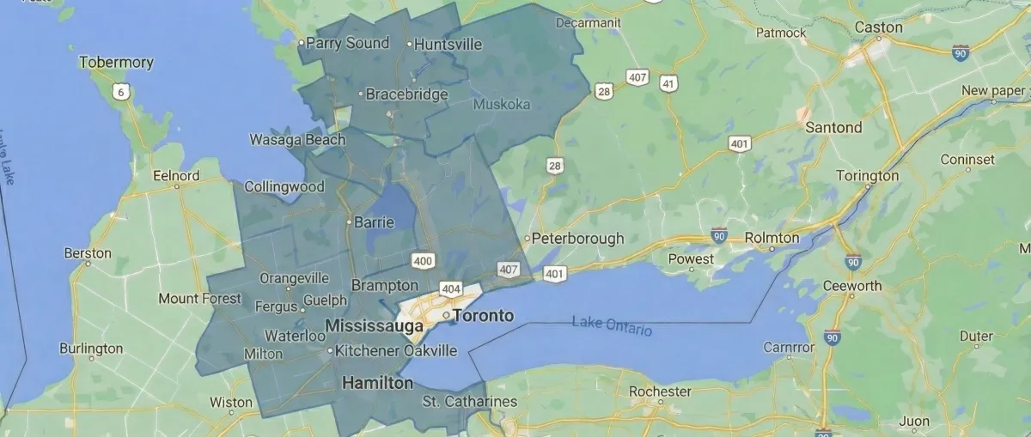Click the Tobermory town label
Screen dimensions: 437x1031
coord(116,63)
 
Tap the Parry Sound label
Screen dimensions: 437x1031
coord(347,43)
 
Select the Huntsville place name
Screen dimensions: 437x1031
coord(448,44)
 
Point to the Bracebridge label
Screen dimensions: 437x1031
coord(406,94)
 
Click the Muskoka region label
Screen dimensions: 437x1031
coord(502,105)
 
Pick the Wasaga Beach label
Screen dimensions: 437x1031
coord(297,140)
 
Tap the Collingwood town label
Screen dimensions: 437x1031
coord(284,186)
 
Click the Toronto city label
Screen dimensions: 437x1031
coord(483,316)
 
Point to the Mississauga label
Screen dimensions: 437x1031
coord(375,326)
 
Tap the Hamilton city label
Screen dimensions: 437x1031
coord(377,383)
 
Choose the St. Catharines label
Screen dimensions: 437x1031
coord(470,402)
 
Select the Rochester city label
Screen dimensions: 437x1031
coord(660,391)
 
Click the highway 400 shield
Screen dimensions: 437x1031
coord(423,259)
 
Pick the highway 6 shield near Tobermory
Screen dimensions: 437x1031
coord(122,90)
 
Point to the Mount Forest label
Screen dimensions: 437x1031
coord(200,300)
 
